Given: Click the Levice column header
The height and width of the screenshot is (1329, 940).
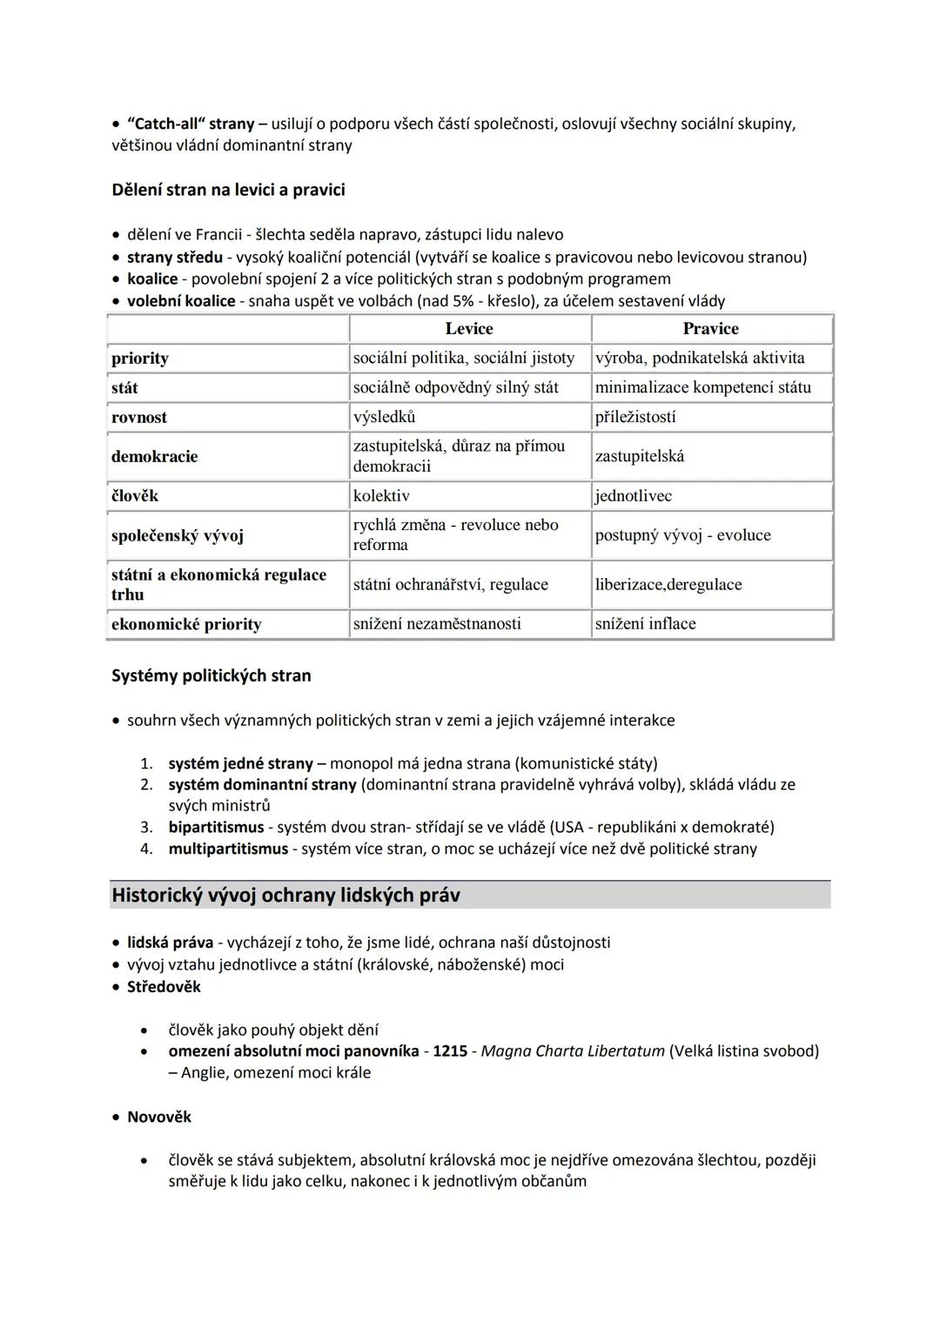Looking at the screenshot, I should pyautogui.click(x=469, y=329).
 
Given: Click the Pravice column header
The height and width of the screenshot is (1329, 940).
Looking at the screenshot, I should pyautogui.click(x=710, y=329).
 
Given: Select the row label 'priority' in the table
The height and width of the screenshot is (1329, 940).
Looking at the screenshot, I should pyautogui.click(x=140, y=359).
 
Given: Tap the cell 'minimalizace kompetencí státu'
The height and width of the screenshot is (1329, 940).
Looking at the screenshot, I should pyautogui.click(x=702, y=387).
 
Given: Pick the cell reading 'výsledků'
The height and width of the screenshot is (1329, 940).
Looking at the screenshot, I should pyautogui.click(x=384, y=417).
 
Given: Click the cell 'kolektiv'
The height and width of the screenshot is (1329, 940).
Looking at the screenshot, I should pyautogui.click(x=381, y=496).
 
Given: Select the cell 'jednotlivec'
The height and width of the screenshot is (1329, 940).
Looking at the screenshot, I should pyautogui.click(x=633, y=496).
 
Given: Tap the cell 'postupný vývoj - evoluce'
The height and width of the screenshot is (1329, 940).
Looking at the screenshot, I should pyautogui.click(x=682, y=535).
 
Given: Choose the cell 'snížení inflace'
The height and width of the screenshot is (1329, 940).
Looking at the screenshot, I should pyautogui.click(x=645, y=624).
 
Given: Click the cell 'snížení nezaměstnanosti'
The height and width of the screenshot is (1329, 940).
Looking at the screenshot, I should pyautogui.click(x=437, y=624).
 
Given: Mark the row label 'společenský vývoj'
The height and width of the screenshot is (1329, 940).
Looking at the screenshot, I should pyautogui.click(x=178, y=536).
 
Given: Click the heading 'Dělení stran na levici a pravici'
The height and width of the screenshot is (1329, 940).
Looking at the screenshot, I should pyautogui.click(x=228, y=190).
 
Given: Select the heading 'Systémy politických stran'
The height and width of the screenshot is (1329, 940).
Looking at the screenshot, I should pyautogui.click(x=211, y=675).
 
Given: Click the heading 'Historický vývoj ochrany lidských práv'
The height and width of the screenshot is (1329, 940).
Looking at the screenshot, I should pyautogui.click(x=285, y=896).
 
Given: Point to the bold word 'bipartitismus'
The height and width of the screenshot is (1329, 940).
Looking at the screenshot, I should pyautogui.click(x=216, y=827).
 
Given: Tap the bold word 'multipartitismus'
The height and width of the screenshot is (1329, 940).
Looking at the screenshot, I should pyautogui.click(x=228, y=849).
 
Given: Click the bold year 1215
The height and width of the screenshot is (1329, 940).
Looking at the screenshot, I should pyautogui.click(x=450, y=1051).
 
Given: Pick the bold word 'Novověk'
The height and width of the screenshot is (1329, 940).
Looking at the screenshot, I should pyautogui.click(x=159, y=1117).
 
